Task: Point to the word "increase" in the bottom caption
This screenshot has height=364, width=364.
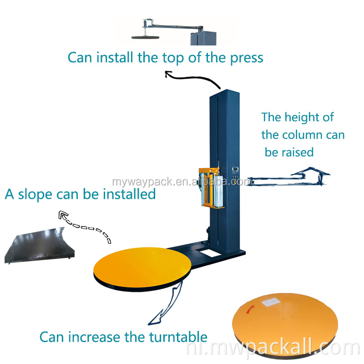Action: pyautogui.click(x=96, y=337)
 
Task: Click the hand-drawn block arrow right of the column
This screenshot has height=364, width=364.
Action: pyautogui.click(x=291, y=180)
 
